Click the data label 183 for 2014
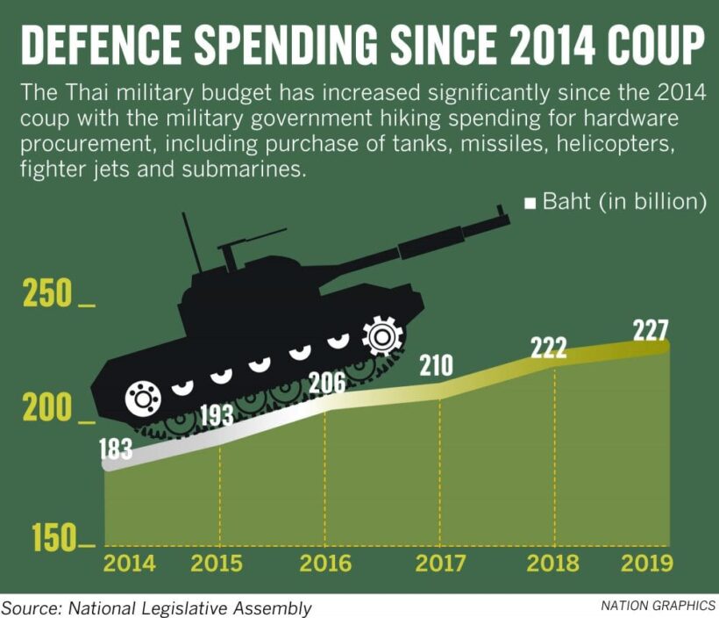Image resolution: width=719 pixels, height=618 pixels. click(x=116, y=450)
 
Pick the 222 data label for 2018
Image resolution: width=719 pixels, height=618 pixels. click(x=548, y=347)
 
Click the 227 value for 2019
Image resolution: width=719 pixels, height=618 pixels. click(x=650, y=330)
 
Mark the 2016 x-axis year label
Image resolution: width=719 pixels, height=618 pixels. click(x=325, y=564)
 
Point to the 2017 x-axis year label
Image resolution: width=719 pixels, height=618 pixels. click(x=440, y=564)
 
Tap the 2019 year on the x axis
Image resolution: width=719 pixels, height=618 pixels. click(x=647, y=564)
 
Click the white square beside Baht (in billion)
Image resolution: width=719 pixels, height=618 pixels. click(x=530, y=204)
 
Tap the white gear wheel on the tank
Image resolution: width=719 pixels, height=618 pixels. click(x=382, y=336)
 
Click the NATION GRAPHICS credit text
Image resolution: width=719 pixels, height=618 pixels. click(x=658, y=606)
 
